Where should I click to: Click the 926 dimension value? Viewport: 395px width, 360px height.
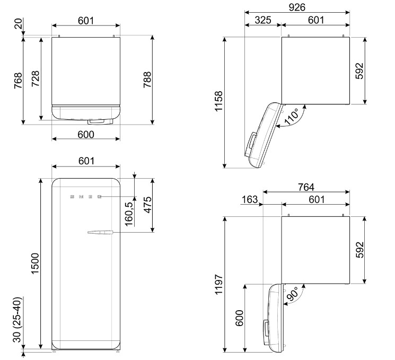tap(297, 7)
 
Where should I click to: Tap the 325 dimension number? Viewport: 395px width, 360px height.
tap(263, 20)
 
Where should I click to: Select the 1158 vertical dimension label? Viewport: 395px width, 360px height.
tap(218, 101)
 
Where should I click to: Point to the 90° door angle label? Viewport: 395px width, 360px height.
tap(292, 294)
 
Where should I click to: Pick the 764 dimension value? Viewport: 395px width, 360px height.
tap(306, 187)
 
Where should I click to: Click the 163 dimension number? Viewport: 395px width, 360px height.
tap(250, 199)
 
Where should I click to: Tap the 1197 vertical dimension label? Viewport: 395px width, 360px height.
tap(218, 284)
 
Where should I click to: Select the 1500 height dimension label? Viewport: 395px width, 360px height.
tap(35, 264)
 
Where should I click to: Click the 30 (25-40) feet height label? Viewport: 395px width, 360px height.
tap(17, 319)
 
